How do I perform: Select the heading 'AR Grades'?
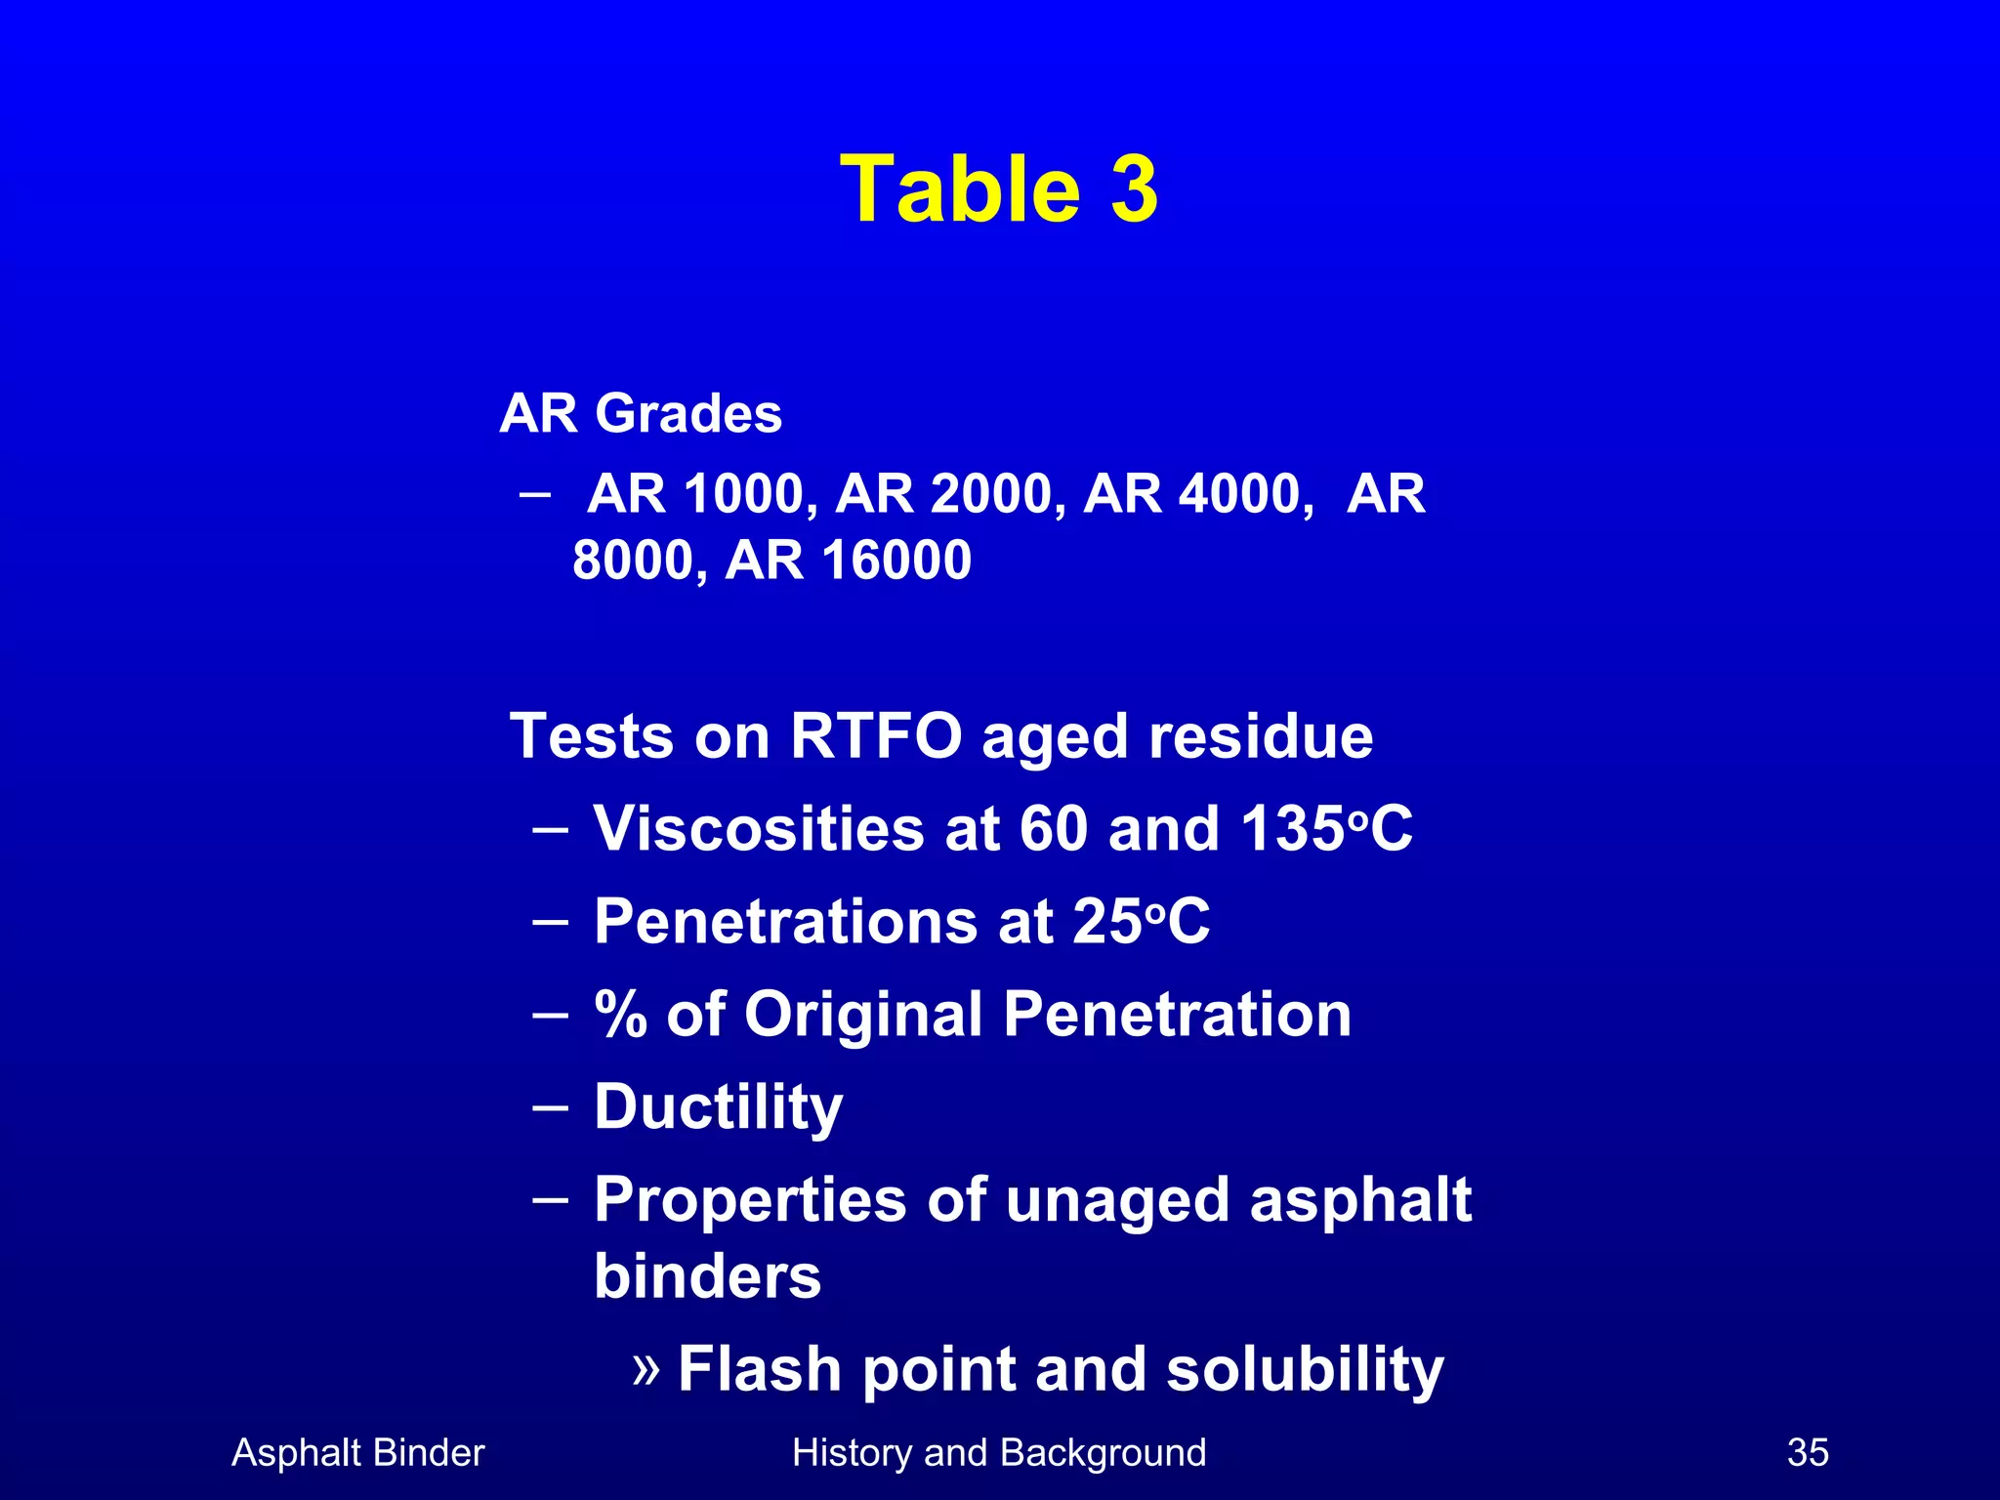[x=641, y=413]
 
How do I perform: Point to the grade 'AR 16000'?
[x=848, y=561]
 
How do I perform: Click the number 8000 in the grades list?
[x=633, y=561]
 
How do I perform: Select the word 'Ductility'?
[x=718, y=1107]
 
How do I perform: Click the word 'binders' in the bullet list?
[x=708, y=1276]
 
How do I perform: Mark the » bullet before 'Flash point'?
[x=646, y=1368]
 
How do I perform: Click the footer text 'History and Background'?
[x=999, y=1453]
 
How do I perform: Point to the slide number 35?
[x=1808, y=1453]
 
